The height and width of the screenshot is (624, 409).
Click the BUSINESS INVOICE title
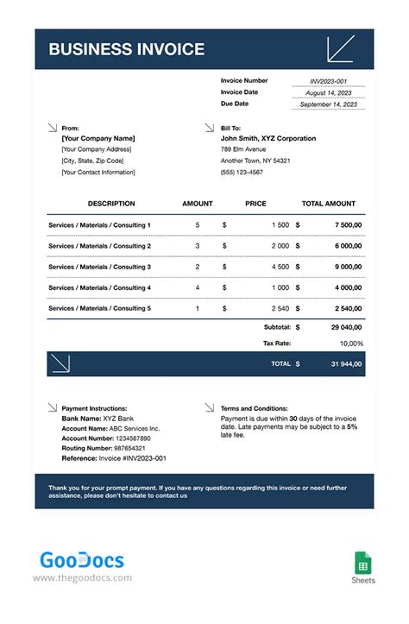click(x=126, y=49)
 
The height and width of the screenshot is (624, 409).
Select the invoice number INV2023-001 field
click(x=328, y=81)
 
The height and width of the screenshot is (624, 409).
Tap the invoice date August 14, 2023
click(x=328, y=92)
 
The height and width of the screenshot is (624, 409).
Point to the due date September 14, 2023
click(x=328, y=104)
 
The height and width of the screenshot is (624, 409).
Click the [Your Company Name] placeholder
click(x=98, y=138)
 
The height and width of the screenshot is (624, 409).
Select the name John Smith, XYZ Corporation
click(x=268, y=138)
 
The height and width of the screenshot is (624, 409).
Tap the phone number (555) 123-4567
click(x=243, y=172)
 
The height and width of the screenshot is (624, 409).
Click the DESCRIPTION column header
click(x=111, y=204)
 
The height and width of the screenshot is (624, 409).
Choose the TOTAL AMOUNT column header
click(x=328, y=204)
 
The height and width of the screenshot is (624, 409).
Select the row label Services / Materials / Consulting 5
click(x=99, y=308)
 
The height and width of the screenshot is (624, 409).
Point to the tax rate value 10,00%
click(x=349, y=344)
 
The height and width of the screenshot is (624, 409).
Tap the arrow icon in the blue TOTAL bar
click(x=61, y=363)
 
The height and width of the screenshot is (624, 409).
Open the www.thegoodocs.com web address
click(x=83, y=578)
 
